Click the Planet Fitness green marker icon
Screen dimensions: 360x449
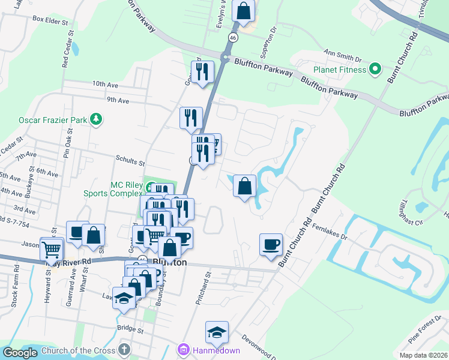pyautogui.click(x=375, y=69)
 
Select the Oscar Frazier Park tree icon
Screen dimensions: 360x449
pyautogui.click(x=95, y=119)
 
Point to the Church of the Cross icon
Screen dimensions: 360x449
pyautogui.click(x=124, y=349)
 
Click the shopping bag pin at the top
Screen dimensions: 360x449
pyautogui.click(x=243, y=11)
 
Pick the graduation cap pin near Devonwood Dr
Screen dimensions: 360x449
pyautogui.click(x=217, y=332)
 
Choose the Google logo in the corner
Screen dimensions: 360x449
pyautogui.click(x=20, y=353)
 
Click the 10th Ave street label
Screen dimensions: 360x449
pyautogui.click(x=106, y=85)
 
